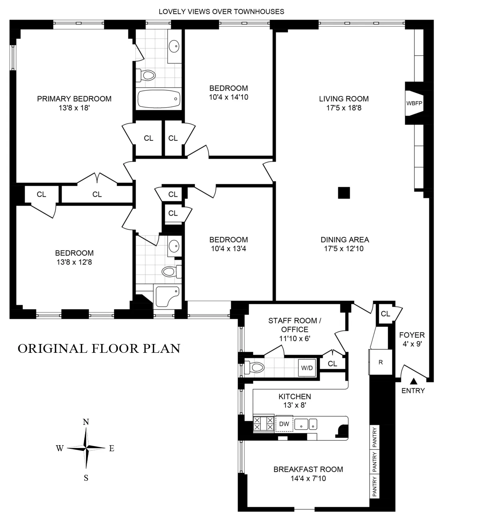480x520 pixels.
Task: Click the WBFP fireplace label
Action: pos(414,103)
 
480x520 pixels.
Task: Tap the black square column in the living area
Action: pos(344,193)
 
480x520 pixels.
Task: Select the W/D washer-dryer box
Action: pos(307,368)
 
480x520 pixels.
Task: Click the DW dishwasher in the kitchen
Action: pos(284,424)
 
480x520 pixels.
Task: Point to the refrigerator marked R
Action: pos(381,362)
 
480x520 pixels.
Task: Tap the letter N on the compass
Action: pos(86,422)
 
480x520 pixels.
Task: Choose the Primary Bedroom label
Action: pos(74,99)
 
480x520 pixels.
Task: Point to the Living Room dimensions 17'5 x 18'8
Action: pos(344,108)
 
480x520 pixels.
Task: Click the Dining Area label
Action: pos(345,240)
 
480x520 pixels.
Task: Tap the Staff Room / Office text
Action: pos(295,325)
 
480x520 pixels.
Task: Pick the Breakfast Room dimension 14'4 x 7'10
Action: pos(308,478)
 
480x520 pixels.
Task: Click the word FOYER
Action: pos(412,335)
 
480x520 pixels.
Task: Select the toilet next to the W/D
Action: pos(254,366)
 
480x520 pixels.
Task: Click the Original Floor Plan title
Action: pos(99,348)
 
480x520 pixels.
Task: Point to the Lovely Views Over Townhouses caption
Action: pos(221,12)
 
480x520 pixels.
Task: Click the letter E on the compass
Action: pos(112,448)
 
